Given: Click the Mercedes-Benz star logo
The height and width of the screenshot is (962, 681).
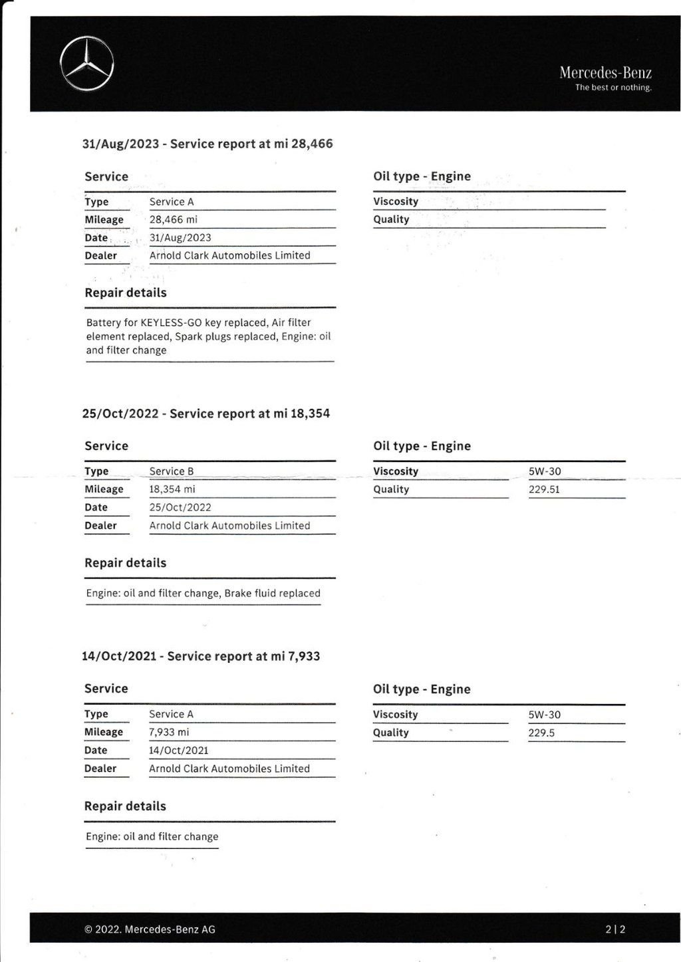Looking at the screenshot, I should click(x=86, y=64).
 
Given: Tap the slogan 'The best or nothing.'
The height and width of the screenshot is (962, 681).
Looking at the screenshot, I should click(x=613, y=88).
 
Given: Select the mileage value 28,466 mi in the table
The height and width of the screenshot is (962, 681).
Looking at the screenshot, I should click(x=173, y=219).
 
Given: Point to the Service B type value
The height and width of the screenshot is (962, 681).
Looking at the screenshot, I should click(x=172, y=471).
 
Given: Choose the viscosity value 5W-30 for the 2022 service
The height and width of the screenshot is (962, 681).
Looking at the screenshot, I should click(x=545, y=471).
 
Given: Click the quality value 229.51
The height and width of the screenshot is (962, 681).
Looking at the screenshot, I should click(x=544, y=489).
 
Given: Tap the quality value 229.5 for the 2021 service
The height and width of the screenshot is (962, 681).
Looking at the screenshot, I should click(x=541, y=733).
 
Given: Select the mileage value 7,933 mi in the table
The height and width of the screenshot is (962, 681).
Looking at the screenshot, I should click(x=169, y=732).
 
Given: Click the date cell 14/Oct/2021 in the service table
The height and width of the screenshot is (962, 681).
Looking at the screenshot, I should click(x=179, y=750).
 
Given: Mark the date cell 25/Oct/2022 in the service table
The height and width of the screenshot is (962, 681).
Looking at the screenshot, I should click(x=180, y=507).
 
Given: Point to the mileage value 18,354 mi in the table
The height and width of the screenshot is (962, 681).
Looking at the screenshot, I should click(x=172, y=489).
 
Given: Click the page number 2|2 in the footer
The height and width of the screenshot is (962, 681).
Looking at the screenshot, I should click(x=615, y=929).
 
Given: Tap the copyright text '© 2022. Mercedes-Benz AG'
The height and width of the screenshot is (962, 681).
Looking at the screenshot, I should click(x=150, y=929).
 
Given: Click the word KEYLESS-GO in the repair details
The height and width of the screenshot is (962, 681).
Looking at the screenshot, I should click(x=171, y=322).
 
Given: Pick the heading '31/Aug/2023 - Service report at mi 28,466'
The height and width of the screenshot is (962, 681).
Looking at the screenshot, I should click(x=207, y=144).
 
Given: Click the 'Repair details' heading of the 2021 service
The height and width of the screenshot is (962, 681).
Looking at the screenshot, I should click(x=125, y=806).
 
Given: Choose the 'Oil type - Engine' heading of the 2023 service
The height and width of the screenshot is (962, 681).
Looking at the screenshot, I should click(x=422, y=176).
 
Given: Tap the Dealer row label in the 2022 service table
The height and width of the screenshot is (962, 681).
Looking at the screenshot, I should click(x=100, y=525).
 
